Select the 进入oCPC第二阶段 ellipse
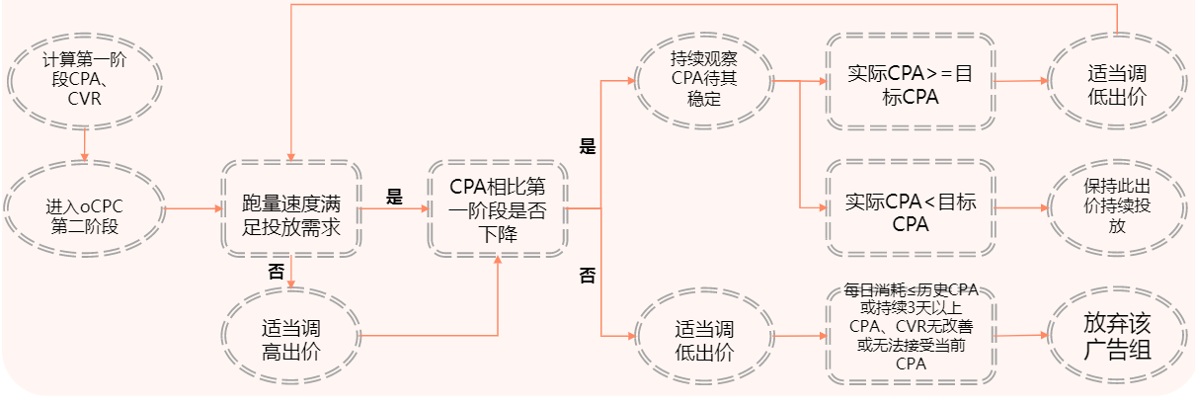click(x=84, y=209)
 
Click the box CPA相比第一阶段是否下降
click(x=497, y=209)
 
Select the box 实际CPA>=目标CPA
click(x=909, y=82)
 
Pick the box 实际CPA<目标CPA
click(x=909, y=209)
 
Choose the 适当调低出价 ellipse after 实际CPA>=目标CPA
click(x=1116, y=82)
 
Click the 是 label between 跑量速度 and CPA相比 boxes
click(x=394, y=197)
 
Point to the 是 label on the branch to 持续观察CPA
click(x=587, y=147)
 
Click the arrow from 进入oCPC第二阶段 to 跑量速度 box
click(x=193, y=209)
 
